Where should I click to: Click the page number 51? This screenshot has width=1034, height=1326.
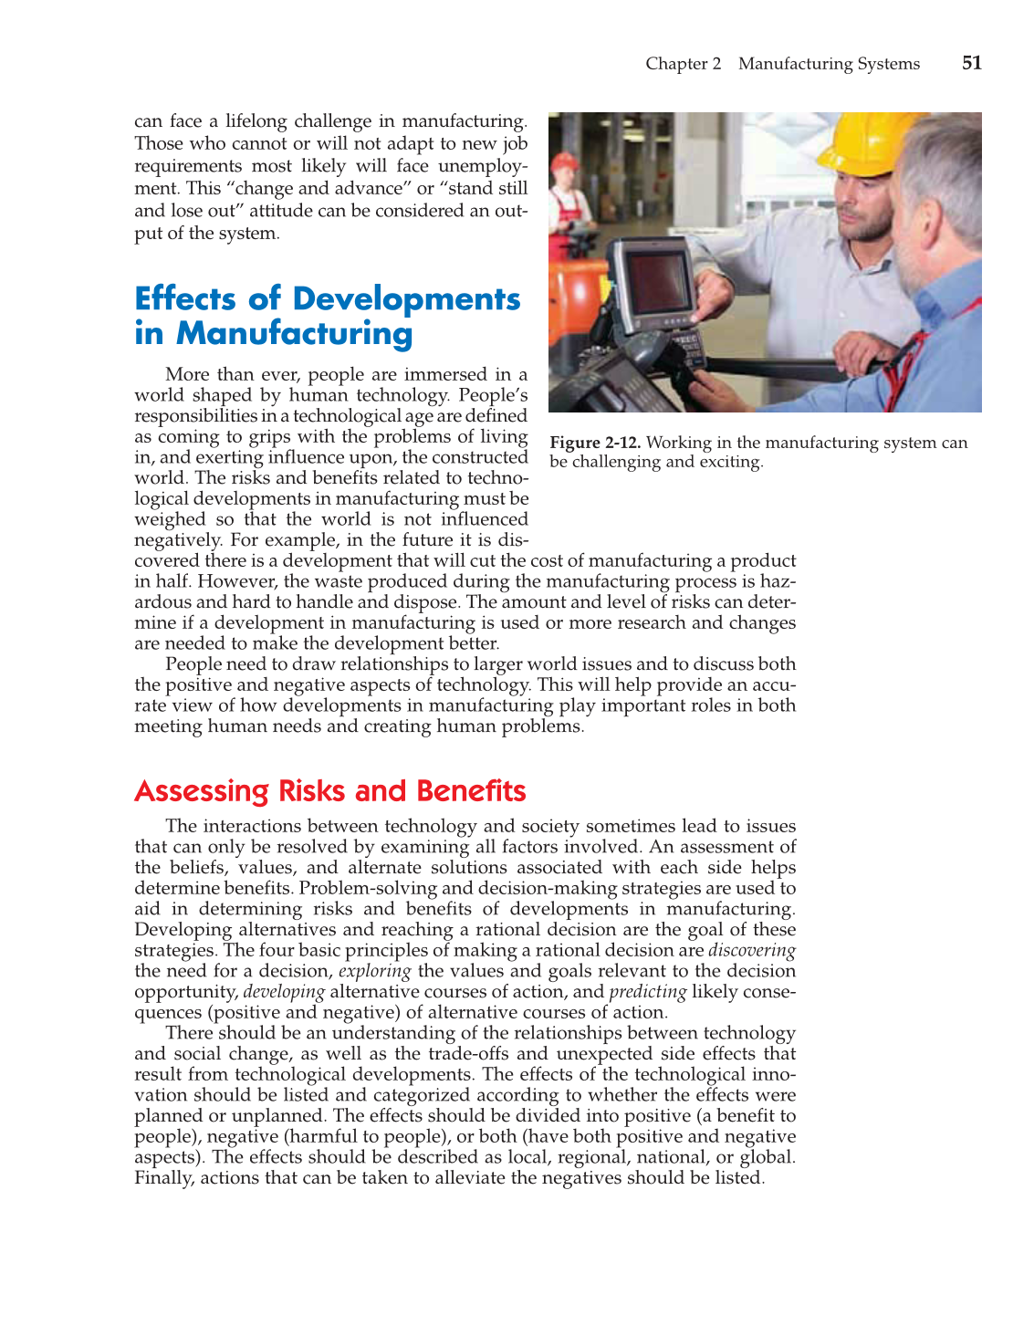pyautogui.click(x=972, y=63)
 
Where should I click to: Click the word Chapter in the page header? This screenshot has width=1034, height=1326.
pyautogui.click(x=675, y=64)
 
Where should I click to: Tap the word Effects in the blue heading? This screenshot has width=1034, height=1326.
pyautogui.click(x=185, y=298)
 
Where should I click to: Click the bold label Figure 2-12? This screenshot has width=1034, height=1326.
pyautogui.click(x=595, y=443)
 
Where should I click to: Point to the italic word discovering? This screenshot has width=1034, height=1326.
pyautogui.click(x=752, y=950)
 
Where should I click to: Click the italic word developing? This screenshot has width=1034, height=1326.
pyautogui.click(x=284, y=992)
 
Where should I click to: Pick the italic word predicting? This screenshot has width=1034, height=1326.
pyautogui.click(x=647, y=992)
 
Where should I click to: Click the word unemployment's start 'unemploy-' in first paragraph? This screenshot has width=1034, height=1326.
pyautogui.click(x=483, y=166)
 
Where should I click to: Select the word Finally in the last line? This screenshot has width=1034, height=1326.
pyautogui.click(x=164, y=1178)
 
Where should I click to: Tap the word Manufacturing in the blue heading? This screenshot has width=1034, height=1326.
pyautogui.click(x=294, y=334)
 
